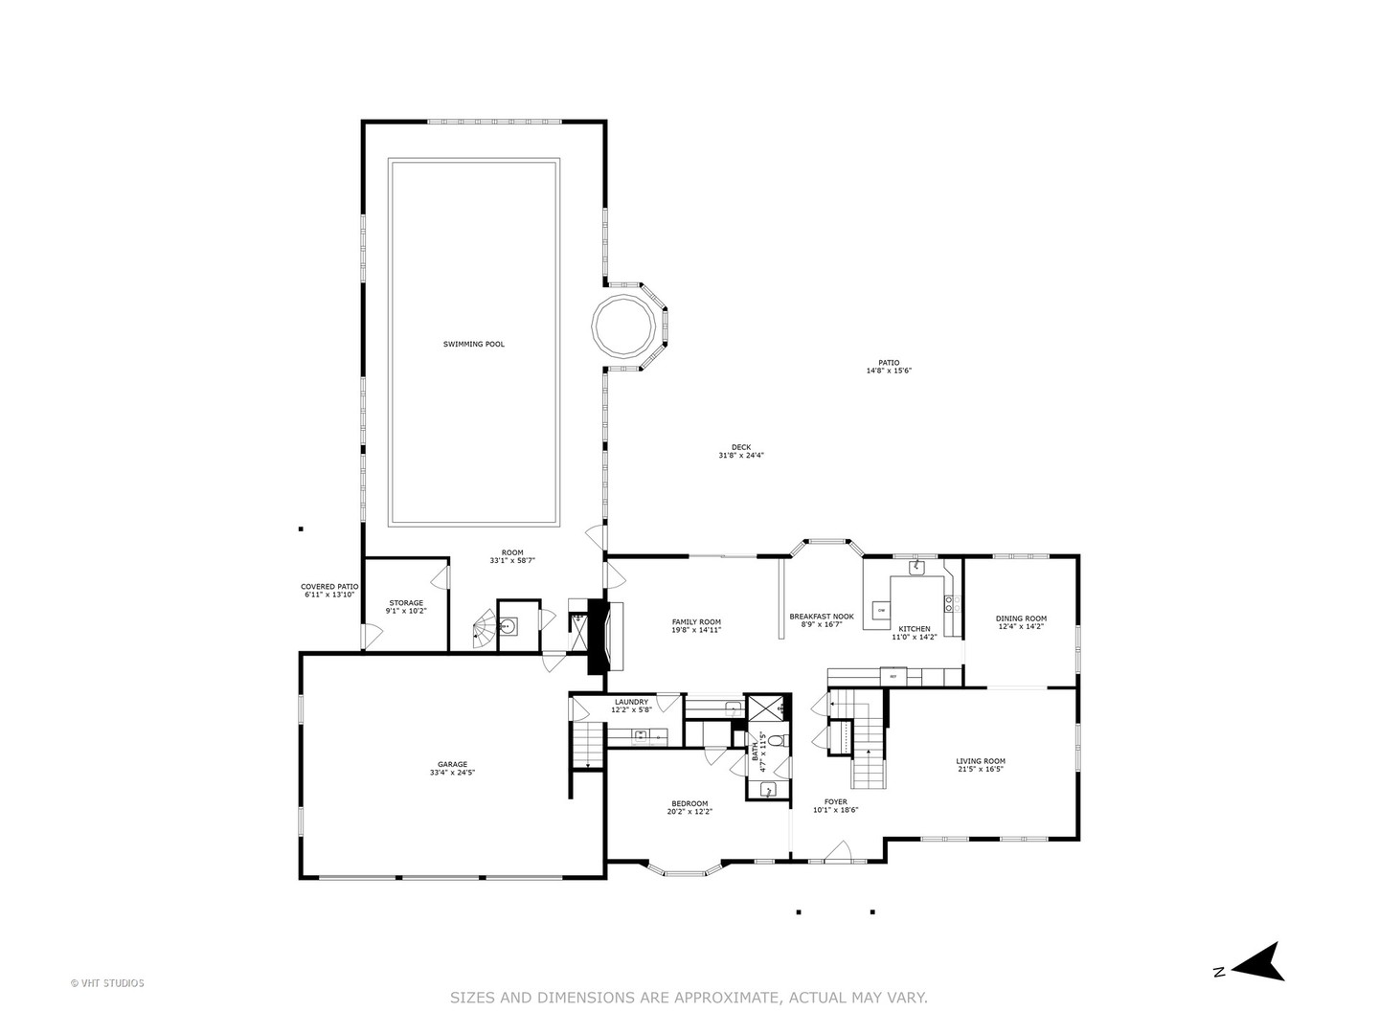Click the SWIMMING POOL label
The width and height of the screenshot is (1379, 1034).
click(x=473, y=344)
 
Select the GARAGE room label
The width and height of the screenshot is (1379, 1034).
click(x=453, y=764)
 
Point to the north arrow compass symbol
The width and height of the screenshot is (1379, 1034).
click(x=1256, y=962)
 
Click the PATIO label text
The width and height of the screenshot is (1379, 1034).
click(x=889, y=363)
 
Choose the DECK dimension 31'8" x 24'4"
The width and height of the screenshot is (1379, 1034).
click(x=741, y=456)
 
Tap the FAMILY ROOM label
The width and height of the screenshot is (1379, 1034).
click(x=696, y=622)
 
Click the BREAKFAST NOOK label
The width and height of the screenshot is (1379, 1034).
click(x=821, y=617)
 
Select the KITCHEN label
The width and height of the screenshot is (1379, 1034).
click(x=914, y=629)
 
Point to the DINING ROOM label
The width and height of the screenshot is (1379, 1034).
click(x=1021, y=618)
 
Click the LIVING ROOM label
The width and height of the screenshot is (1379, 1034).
click(x=980, y=761)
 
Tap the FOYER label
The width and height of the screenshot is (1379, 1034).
click(x=835, y=802)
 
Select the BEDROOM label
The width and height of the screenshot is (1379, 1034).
click(x=689, y=803)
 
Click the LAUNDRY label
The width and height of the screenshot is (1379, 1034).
click(x=631, y=702)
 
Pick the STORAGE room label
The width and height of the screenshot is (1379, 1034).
click(x=405, y=603)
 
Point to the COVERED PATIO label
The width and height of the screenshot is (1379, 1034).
click(x=328, y=587)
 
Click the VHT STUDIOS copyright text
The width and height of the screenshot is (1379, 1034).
click(x=107, y=982)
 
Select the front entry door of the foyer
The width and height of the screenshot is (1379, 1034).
click(x=839, y=850)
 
